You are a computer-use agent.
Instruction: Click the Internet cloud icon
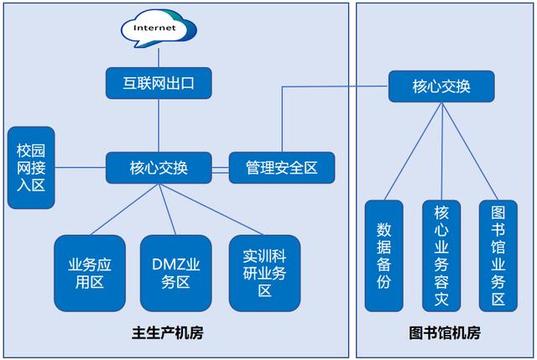click(x=159, y=28)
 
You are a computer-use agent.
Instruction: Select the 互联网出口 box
click(x=159, y=83)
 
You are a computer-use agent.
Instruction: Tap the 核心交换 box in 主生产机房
click(x=159, y=168)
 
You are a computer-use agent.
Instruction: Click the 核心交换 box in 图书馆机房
click(x=441, y=86)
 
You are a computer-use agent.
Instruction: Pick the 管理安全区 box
click(x=282, y=168)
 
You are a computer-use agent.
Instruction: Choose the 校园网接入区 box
click(x=31, y=168)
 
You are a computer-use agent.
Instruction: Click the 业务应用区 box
click(x=90, y=274)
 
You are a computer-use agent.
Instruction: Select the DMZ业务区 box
click(x=175, y=274)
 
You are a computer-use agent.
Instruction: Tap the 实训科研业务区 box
click(x=265, y=274)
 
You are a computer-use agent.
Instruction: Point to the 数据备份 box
click(x=384, y=256)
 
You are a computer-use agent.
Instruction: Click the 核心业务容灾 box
click(x=441, y=256)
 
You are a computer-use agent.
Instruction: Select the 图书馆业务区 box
click(x=498, y=256)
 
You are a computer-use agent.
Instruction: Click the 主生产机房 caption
click(x=168, y=333)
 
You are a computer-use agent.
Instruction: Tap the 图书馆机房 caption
click(x=445, y=333)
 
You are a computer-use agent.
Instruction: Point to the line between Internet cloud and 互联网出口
click(x=159, y=58)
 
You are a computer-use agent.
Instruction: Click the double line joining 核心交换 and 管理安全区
click(x=220, y=170)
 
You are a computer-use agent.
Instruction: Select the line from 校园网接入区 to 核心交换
click(x=81, y=168)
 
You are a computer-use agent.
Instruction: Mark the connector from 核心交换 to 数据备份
click(x=414, y=151)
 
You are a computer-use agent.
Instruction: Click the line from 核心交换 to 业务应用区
click(x=125, y=209)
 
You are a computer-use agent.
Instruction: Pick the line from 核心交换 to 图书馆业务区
click(x=470, y=151)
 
